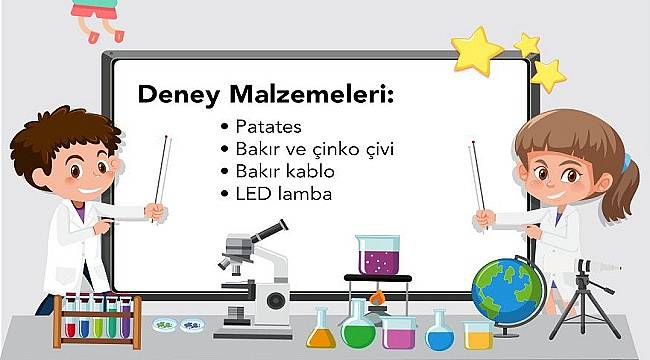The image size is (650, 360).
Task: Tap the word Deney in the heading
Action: [175, 97]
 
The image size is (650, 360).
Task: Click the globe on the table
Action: [507, 290]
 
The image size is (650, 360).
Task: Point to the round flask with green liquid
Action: [358, 325]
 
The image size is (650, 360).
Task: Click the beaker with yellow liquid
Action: [478, 334]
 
